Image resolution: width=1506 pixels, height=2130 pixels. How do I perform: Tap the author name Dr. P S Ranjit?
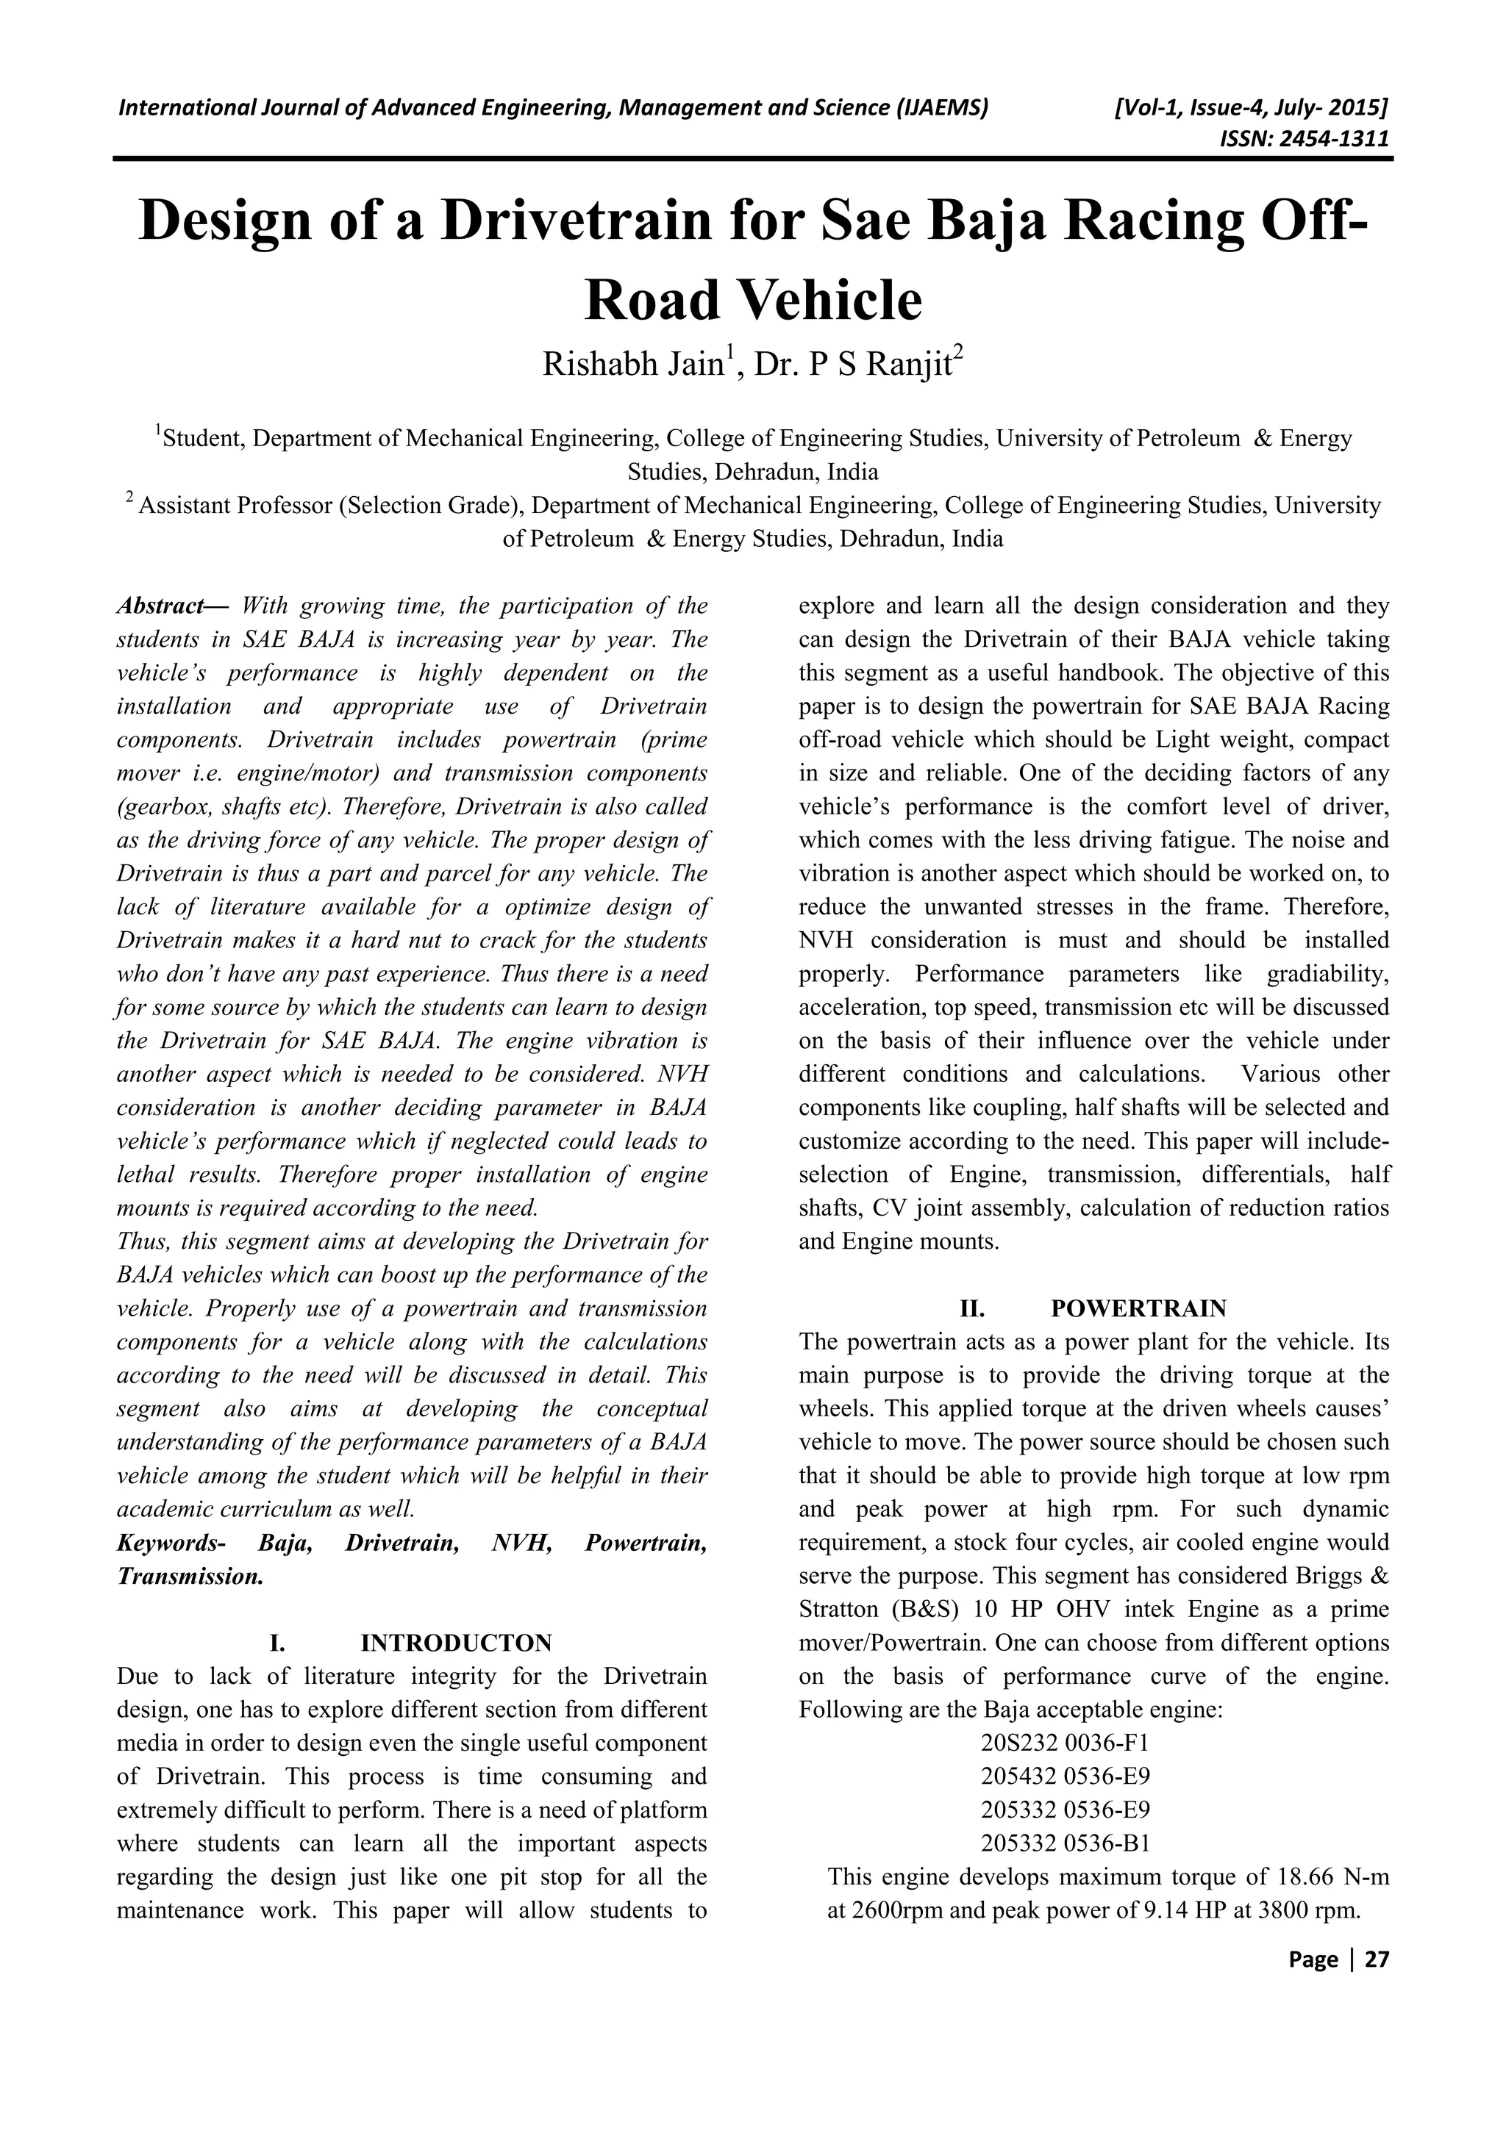857,365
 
